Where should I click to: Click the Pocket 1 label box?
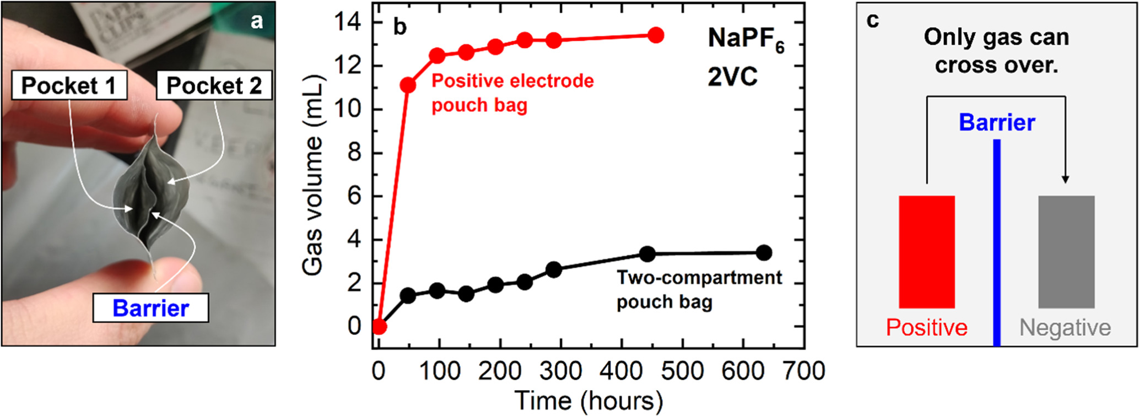point(69,85)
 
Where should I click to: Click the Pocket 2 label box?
point(214,85)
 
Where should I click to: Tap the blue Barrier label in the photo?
point(150,308)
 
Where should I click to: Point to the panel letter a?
point(257,21)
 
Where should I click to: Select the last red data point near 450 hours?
point(656,35)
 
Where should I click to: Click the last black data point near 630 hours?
point(764,253)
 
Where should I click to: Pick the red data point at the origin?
point(379,327)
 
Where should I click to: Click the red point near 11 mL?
point(408,85)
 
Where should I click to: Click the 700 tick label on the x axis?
point(803,371)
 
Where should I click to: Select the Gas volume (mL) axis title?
point(312,175)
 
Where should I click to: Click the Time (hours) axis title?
point(589,401)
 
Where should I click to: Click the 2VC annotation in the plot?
point(732,77)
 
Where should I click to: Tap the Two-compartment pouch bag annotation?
point(698,289)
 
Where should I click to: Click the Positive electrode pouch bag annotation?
point(512,93)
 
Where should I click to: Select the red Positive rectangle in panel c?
point(926,251)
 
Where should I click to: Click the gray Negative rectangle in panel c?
point(1066,251)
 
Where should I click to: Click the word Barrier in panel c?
point(996,122)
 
